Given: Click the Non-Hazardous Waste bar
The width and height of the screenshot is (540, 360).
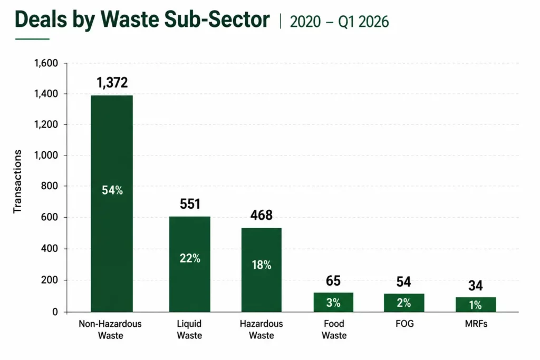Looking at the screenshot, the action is point(112,203).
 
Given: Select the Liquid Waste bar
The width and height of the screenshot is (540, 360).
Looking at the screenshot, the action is point(189,264).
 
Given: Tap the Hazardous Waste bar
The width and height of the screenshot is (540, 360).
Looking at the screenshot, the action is point(262,270).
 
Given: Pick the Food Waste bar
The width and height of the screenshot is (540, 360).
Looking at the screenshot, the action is point(333,302).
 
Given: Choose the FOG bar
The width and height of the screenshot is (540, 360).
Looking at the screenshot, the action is point(404,303).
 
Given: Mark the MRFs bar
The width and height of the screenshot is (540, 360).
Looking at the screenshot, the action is point(476,304).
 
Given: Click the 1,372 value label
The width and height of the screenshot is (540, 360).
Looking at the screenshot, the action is point(112,83).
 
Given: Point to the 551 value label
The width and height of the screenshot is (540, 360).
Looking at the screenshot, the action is point(190,204).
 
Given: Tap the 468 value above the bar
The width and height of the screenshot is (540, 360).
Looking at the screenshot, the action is point(262,215).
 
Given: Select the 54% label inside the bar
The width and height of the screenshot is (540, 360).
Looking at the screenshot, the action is point(112,190).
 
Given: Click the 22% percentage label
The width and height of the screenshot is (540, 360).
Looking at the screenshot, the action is point(190,258).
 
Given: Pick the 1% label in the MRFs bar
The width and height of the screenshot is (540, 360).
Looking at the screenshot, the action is point(475,305).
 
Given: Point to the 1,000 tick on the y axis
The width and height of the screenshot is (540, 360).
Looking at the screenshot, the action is point(46,155).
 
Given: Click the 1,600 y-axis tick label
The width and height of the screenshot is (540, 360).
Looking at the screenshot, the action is point(46,63).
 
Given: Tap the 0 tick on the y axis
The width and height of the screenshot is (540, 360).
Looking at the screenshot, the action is point(55,312).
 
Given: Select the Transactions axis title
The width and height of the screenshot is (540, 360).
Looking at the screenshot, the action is point(17,181).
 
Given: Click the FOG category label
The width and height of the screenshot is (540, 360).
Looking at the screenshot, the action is point(404,324).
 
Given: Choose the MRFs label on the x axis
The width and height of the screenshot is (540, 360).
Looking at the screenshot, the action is point(476,324).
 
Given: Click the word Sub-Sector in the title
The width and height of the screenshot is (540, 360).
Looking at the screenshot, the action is point(217,20).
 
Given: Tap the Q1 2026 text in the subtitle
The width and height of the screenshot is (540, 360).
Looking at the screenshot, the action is point(363,22).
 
